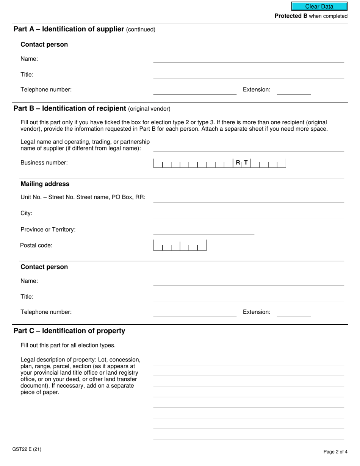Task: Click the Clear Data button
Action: tap(319, 6)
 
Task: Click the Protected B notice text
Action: tap(311, 16)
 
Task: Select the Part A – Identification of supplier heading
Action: tap(84, 29)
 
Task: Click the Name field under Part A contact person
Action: tap(248, 59)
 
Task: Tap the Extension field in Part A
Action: tap(294, 91)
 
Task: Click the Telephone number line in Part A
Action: tap(194, 91)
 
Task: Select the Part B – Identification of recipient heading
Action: tap(92, 109)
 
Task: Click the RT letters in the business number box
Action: tap(242, 163)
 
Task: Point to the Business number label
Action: tap(44, 163)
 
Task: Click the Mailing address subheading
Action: tap(45, 184)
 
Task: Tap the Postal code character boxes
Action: tap(180, 246)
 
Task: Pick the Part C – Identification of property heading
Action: tap(69, 331)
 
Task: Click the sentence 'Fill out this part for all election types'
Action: tap(68, 345)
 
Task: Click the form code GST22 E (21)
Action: tap(27, 449)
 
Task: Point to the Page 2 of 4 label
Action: tap(335, 452)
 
